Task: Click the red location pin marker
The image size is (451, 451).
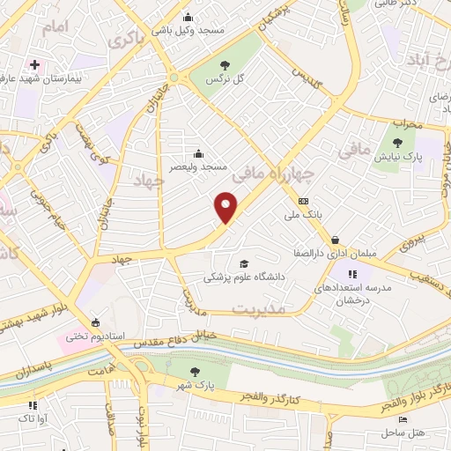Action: [x=226, y=206]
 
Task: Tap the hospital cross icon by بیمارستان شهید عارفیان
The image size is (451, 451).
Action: [x=34, y=65]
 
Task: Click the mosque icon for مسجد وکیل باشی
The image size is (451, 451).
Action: [x=187, y=17]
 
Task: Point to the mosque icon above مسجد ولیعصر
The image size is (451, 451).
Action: [x=196, y=152]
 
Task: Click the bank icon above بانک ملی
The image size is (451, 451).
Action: [x=304, y=201]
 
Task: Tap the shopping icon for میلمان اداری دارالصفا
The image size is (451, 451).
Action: [x=336, y=240]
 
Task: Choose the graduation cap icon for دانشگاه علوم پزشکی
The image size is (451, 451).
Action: [x=243, y=263]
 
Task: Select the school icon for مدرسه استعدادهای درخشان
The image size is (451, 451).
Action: [x=353, y=275]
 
